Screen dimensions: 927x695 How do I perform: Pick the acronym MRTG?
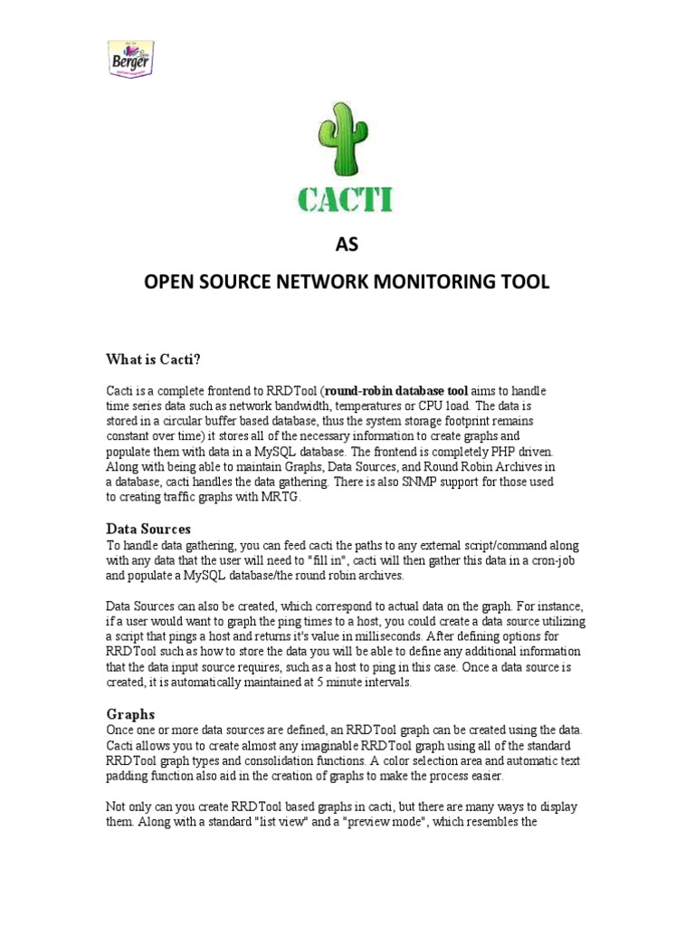coord(286,498)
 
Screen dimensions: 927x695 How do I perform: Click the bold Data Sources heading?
coord(148,529)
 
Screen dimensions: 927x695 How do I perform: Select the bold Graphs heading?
coord(131,713)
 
